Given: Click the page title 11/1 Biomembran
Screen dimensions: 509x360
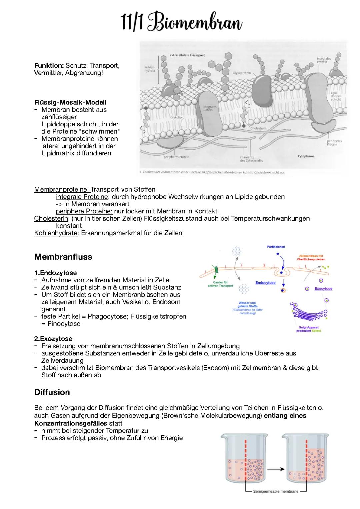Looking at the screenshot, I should pyautogui.click(x=182, y=22).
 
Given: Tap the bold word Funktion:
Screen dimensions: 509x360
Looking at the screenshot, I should pyautogui.click(x=49, y=66).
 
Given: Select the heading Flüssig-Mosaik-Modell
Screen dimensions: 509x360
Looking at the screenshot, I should pyautogui.click(x=70, y=102).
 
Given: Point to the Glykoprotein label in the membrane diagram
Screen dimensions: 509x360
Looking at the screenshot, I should pyautogui.click(x=242, y=73).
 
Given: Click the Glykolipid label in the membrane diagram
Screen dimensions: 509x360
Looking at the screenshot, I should pyautogui.click(x=177, y=117).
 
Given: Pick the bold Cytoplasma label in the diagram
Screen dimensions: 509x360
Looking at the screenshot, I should pyautogui.click(x=306, y=156).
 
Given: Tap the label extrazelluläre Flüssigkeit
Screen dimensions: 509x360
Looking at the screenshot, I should pyautogui.click(x=187, y=55).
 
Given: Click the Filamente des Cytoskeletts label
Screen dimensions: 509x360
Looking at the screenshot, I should pyautogui.click(x=251, y=159).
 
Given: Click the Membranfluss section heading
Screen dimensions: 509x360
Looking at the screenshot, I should pyautogui.click(x=63, y=257).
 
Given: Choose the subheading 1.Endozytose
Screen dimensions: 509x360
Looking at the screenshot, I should pyautogui.click(x=55, y=273).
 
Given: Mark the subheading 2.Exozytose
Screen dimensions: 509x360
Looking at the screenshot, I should pyautogui.click(x=53, y=339).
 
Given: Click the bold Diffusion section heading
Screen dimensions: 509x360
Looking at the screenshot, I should pyautogui.click(x=52, y=392).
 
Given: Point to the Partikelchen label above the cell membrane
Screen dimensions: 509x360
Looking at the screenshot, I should pyautogui.click(x=276, y=247).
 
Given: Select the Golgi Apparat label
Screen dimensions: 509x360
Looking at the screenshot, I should pyautogui.click(x=308, y=327).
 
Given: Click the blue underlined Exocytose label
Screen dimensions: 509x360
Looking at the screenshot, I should pyautogui.click(x=323, y=289).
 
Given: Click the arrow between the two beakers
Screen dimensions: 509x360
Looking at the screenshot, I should pyautogui.click(x=275, y=469).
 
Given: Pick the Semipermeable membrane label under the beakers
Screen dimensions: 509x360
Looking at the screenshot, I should pyautogui.click(x=276, y=491).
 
